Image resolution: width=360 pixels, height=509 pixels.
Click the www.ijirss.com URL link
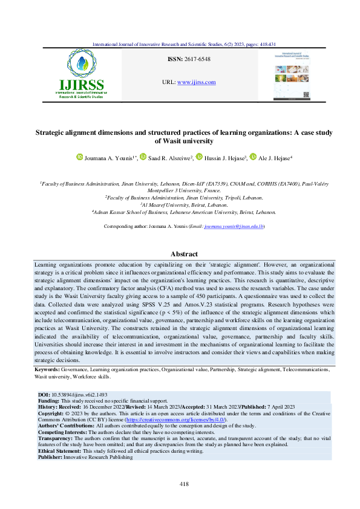tap(198, 82)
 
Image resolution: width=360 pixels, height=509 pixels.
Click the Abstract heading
tap(180, 255)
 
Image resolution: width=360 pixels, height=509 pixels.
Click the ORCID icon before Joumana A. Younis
tap(79, 157)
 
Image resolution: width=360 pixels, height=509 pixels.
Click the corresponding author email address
tap(217, 225)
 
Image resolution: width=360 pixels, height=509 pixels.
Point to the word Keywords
tap(46, 368)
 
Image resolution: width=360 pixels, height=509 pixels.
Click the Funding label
tap(48, 400)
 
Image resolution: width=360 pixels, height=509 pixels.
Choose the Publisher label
tap(50, 457)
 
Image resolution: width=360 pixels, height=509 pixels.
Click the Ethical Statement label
tap(59, 451)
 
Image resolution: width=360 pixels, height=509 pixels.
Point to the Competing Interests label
tap(63, 433)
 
